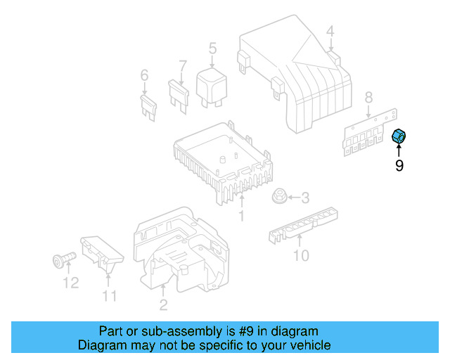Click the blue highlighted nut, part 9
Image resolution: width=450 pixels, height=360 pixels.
pos(399,137)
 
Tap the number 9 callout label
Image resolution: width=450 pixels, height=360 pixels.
pos(399,167)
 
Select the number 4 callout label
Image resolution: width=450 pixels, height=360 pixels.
pos(330,31)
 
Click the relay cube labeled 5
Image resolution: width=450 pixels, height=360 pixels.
pos(209,84)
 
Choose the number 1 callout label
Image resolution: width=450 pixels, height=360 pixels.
pos(241,217)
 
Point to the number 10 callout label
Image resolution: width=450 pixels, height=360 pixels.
pos(300,256)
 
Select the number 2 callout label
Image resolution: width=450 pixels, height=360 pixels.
pos(163,304)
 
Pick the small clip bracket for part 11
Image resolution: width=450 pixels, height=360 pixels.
pos(102,252)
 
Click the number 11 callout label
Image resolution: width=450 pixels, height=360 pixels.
pos(109,297)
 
